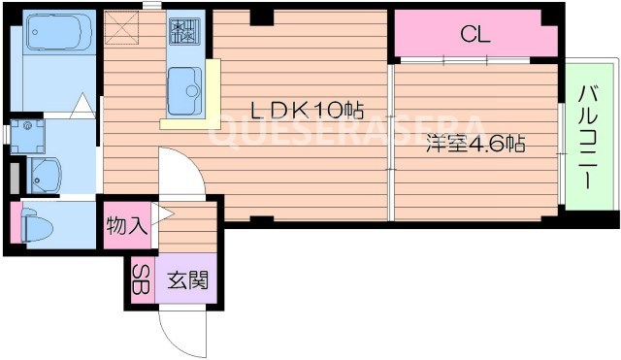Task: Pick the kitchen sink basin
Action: coord(183,93)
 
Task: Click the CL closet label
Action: coord(475,36)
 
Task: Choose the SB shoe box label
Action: coord(142,280)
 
